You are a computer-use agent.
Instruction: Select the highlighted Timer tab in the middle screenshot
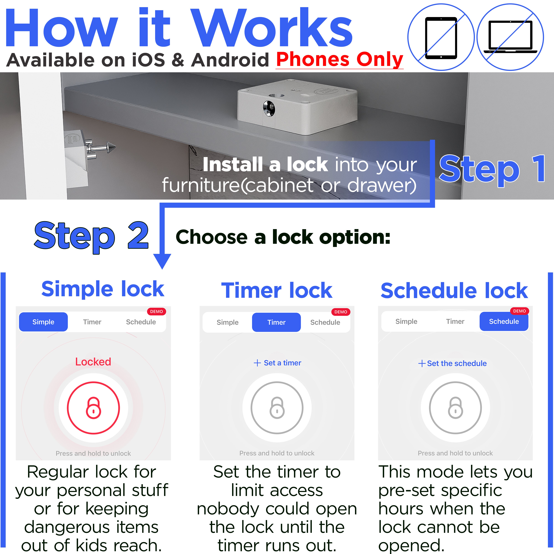click(276, 322)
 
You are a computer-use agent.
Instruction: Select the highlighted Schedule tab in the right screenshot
click(504, 321)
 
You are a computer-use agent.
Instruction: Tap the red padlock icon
click(93, 408)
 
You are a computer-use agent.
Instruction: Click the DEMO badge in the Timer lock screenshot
click(341, 312)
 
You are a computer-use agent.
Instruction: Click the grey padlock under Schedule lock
click(455, 408)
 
